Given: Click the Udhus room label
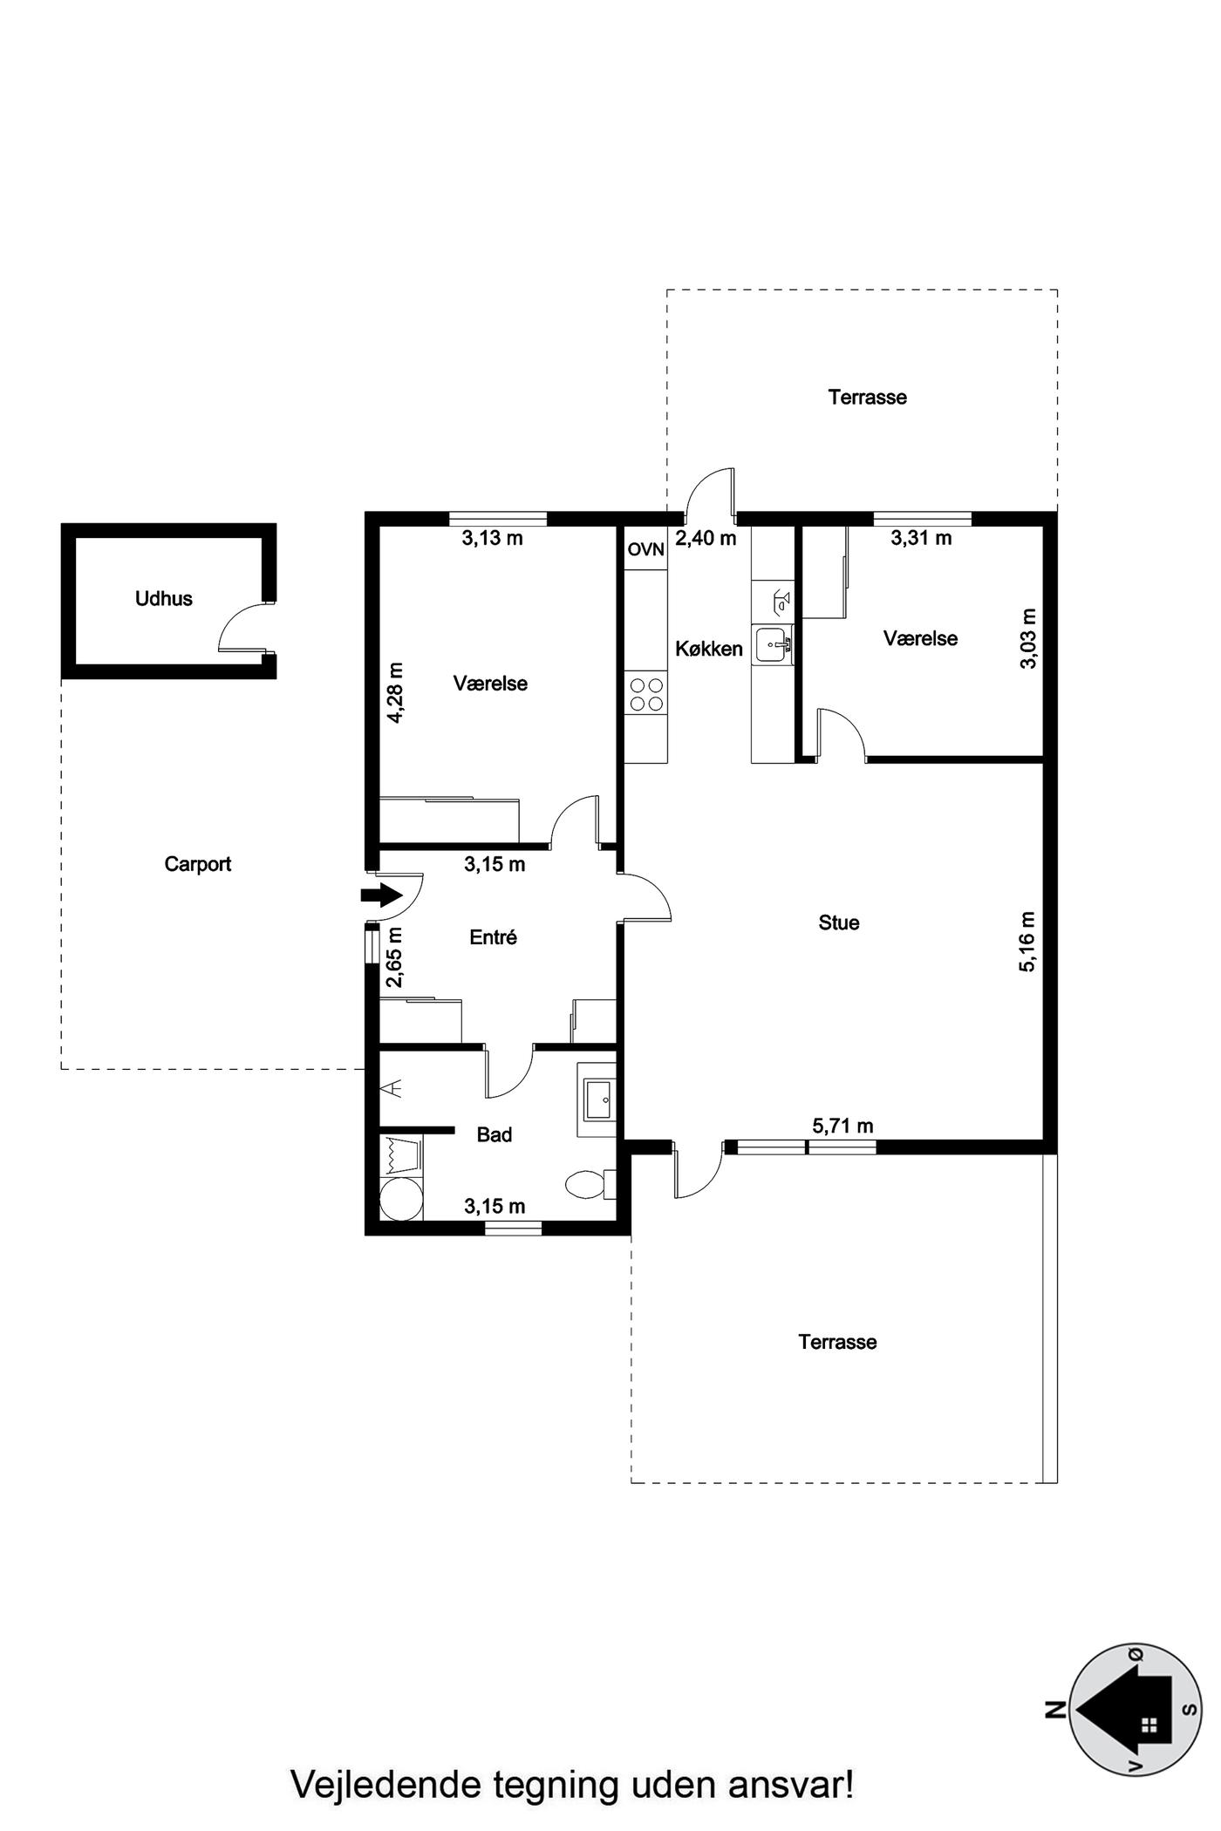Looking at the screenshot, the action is [x=163, y=599].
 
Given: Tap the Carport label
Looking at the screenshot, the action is [x=198, y=864].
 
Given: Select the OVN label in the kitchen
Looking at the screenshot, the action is [x=646, y=550].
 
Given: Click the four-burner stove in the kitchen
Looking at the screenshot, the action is [x=646, y=695].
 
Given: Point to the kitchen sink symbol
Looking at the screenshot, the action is [x=774, y=647].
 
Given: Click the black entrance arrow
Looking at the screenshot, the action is [x=380, y=895].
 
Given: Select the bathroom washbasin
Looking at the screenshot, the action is [x=597, y=1099].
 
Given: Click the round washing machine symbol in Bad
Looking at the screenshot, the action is [x=400, y=1200].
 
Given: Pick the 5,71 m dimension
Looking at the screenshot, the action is [x=842, y=1126].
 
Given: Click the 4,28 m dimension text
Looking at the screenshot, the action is [x=396, y=693].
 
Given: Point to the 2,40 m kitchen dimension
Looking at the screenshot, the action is [x=706, y=538].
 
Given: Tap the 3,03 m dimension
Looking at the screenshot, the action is [x=1029, y=638].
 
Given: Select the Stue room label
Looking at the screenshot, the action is [x=839, y=922].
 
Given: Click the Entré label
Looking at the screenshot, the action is [x=494, y=937].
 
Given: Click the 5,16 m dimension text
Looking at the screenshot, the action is [x=1029, y=942].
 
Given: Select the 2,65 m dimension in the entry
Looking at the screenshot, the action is [x=395, y=957].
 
